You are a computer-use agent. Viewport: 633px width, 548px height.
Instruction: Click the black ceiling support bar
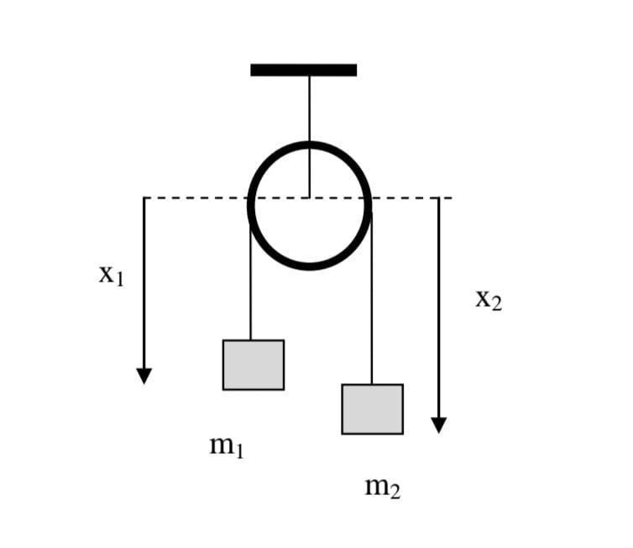pyautogui.click(x=303, y=70)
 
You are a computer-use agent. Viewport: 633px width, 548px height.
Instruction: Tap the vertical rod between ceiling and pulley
pyautogui.click(x=309, y=109)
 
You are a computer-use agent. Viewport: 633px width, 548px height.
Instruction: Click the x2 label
pyautogui.click(x=488, y=298)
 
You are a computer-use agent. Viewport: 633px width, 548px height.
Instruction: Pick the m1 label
pyautogui.click(x=227, y=446)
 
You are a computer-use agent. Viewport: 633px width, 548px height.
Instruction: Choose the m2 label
pyautogui.click(x=382, y=486)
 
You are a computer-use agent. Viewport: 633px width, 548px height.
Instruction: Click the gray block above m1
pyautogui.click(x=253, y=365)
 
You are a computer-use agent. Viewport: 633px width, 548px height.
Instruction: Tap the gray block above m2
pyautogui.click(x=372, y=409)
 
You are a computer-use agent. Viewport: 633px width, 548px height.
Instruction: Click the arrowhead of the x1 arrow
pyautogui.click(x=144, y=376)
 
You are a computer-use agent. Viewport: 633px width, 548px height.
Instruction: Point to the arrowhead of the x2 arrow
pyautogui.click(x=438, y=425)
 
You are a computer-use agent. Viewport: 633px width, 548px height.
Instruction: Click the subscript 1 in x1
pyautogui.click(x=119, y=280)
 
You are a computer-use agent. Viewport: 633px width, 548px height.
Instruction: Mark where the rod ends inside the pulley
pyautogui.click(x=309, y=197)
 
